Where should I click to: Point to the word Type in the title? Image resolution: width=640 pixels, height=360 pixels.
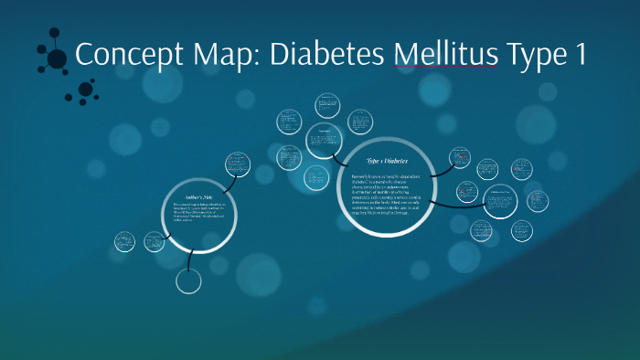pos(537,57)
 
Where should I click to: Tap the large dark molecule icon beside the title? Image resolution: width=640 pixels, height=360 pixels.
pos(55,58)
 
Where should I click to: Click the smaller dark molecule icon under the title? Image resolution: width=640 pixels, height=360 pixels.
pos(85,90)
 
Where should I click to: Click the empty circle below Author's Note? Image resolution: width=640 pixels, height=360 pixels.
pos(188,281)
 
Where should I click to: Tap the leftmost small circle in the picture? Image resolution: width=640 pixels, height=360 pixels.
pos(125,242)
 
